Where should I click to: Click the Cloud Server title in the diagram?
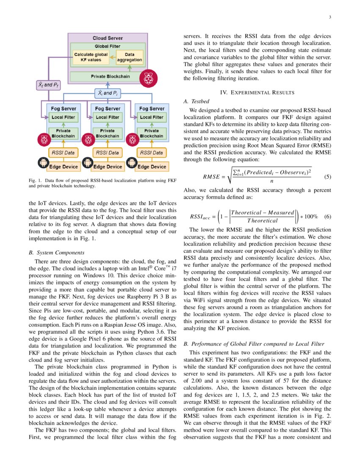[108, 38]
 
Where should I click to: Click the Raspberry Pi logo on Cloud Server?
[148, 78]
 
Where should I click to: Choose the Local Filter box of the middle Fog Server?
[107, 117]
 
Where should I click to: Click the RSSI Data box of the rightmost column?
[151, 153]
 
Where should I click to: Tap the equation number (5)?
[327, 177]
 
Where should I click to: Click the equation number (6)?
[327, 216]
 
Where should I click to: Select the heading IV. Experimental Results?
[257, 92]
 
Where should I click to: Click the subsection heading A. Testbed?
[196, 102]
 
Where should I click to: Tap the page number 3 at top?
[329, 17]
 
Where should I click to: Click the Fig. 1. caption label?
[34, 181]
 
